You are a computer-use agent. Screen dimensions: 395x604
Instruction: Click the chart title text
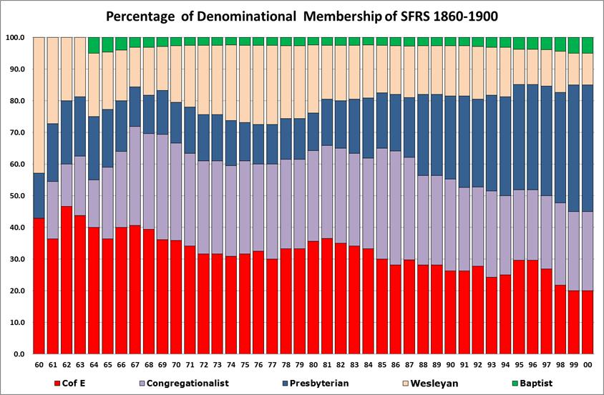pyautogui.click(x=301, y=15)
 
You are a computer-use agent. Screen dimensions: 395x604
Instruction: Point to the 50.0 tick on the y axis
pyautogui.click(x=16, y=196)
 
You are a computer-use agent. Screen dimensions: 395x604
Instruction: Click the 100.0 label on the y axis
pyautogui.click(x=14, y=37)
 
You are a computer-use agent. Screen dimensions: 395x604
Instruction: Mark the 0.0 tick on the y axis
pyautogui.click(x=17, y=354)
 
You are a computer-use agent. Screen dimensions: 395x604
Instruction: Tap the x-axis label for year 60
pyautogui.click(x=39, y=366)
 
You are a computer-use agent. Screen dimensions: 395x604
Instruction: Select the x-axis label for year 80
pyautogui.click(x=313, y=366)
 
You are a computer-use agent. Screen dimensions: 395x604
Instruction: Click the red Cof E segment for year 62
pyautogui.click(x=67, y=279)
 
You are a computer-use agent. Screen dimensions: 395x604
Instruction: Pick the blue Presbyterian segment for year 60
pyautogui.click(x=39, y=195)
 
